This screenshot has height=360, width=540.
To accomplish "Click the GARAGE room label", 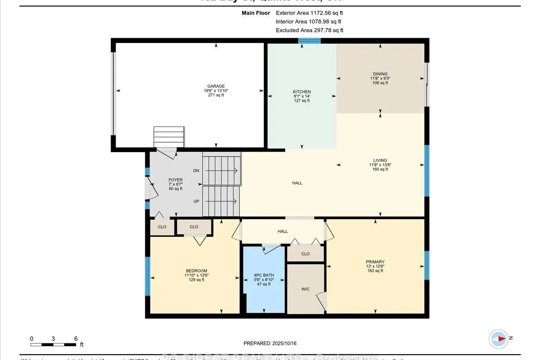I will point(216,86).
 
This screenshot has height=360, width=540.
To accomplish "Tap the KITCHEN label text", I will point(301,92).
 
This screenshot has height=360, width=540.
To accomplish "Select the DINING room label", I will point(380,74).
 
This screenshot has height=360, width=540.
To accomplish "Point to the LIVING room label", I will point(380,160).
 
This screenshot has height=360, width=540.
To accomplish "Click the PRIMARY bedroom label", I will point(375,262).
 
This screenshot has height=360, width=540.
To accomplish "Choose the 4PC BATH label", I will point(264,275).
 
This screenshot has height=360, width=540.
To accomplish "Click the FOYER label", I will point(175,180).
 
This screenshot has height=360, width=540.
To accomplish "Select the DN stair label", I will point(196,171).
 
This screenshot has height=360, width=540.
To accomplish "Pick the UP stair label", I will point(196,201).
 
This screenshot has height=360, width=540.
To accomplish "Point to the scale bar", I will point(54,345).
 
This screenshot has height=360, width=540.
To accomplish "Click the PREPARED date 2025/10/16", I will point(270,343).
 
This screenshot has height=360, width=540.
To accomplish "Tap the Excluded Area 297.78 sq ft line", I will point(309,30).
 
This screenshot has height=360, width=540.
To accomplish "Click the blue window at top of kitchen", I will point(310,41).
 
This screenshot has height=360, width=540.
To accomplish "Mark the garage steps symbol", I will point(169,137).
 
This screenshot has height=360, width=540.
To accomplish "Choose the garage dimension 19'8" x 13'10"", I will point(216,91).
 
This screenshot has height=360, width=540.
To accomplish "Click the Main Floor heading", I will point(256,13).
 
